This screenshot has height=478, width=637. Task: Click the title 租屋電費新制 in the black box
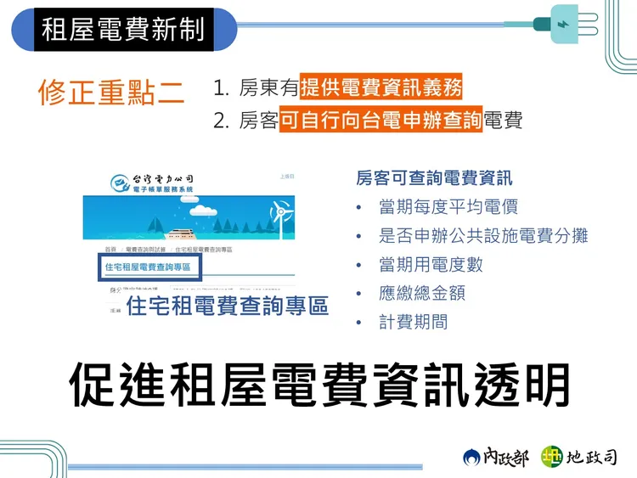click(x=123, y=29)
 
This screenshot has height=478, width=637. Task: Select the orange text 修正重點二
click(x=111, y=93)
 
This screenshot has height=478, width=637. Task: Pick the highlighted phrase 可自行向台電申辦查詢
click(x=381, y=121)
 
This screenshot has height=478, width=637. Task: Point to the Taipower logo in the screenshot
click(x=123, y=181)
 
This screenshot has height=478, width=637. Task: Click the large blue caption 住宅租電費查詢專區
click(x=227, y=305)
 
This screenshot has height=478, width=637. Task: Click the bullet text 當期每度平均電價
click(x=448, y=206)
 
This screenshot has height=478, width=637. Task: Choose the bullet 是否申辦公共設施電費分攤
click(x=483, y=235)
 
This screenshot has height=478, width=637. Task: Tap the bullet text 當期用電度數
click(x=431, y=264)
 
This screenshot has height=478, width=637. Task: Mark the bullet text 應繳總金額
click(x=422, y=293)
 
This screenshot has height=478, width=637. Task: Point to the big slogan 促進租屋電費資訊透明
click(x=318, y=385)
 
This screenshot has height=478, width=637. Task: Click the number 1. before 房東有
click(x=222, y=88)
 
